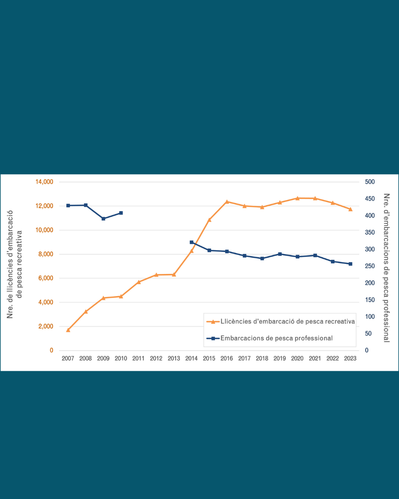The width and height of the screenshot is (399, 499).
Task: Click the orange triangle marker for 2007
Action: (68, 330)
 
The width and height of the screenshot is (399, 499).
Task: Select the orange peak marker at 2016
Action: (227, 202)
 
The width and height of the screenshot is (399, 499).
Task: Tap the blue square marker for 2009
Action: (103, 219)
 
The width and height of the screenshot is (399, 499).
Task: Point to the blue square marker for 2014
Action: (191, 242)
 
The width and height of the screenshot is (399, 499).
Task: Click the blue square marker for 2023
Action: (350, 264)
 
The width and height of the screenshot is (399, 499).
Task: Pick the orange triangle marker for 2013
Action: (174, 275)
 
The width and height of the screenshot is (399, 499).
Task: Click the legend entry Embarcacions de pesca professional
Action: (276, 338)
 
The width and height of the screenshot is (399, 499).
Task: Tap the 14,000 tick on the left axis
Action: (44, 182)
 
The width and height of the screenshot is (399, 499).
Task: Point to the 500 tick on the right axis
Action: (370, 182)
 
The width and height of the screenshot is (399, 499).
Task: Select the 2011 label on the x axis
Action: (139, 358)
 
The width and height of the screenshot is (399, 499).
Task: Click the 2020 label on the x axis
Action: (297, 358)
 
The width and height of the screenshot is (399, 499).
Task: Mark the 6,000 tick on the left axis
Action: (46, 278)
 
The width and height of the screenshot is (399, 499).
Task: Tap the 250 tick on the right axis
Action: (370, 266)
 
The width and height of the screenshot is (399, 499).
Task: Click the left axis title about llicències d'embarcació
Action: (15, 264)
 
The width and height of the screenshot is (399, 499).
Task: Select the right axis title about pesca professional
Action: (386, 268)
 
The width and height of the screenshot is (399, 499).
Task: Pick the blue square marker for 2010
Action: (121, 213)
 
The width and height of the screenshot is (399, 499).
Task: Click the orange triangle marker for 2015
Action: (209, 220)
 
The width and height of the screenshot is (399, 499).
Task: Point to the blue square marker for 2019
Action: (280, 254)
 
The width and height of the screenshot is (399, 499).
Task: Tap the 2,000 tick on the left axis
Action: (46, 326)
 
